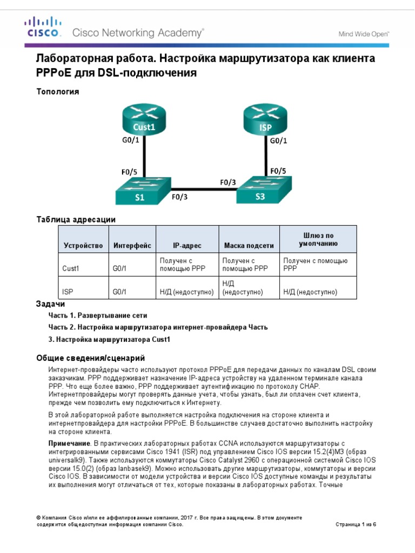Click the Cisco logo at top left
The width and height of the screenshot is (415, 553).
click(40, 28)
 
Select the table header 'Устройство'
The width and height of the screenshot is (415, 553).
click(83, 246)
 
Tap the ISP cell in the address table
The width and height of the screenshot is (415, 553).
click(68, 292)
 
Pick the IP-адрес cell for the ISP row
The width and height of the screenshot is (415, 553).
click(186, 292)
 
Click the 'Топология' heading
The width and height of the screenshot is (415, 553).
click(57, 92)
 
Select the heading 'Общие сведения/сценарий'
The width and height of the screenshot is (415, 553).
click(90, 358)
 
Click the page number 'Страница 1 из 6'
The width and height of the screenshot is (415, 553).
click(355, 524)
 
